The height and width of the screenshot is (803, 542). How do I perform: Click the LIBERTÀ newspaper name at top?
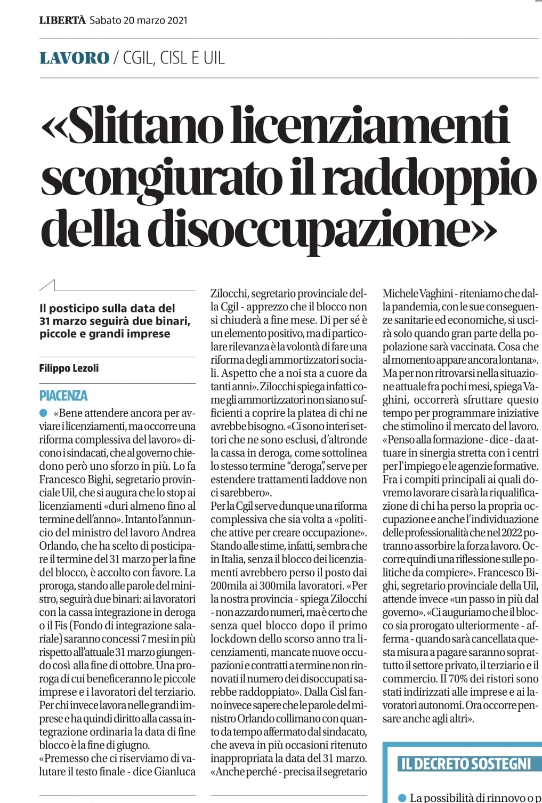point(62,20)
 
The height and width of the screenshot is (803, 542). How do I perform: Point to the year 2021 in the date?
point(177,20)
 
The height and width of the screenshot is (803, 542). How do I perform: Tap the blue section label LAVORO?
point(74,58)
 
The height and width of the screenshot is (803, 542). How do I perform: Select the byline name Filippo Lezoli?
point(69,368)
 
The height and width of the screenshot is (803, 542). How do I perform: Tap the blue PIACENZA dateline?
point(63,396)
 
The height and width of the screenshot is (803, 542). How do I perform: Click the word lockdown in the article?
point(232,639)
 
